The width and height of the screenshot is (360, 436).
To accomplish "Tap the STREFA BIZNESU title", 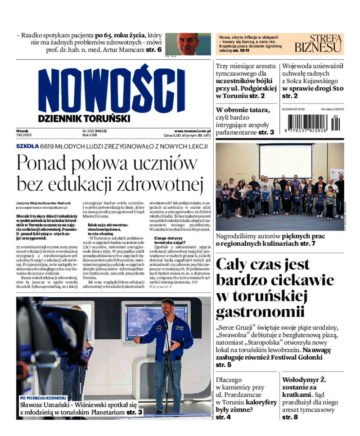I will tap(318, 43).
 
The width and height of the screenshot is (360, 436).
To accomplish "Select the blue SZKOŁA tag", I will tap(27, 146).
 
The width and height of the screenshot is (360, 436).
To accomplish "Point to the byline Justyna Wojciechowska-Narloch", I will tap(43, 203).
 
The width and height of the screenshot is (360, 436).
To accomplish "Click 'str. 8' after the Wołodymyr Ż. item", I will tap(290, 418).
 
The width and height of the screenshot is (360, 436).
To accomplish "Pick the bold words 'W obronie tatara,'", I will tap(243, 110).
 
